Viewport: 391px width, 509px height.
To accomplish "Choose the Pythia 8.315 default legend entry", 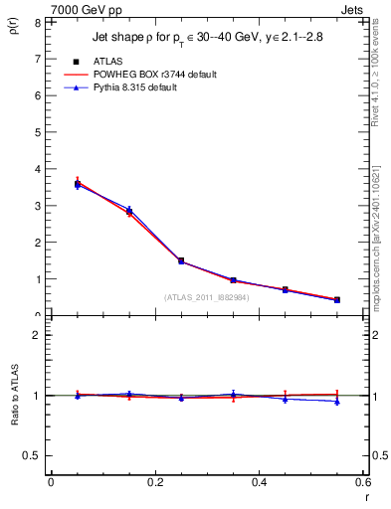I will pyautogui.click(x=150, y=88).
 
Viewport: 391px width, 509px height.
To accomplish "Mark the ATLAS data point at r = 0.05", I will pyautogui.click(x=78, y=184).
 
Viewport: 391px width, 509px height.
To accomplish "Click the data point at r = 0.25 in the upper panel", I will pyautogui.click(x=181, y=260).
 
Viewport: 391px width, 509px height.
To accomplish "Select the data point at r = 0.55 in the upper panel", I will pyautogui.click(x=337, y=299).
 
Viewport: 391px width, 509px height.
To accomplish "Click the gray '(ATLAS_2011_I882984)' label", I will pyautogui.click(x=207, y=297).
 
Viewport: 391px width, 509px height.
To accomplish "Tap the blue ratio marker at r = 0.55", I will pyautogui.click(x=337, y=402).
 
